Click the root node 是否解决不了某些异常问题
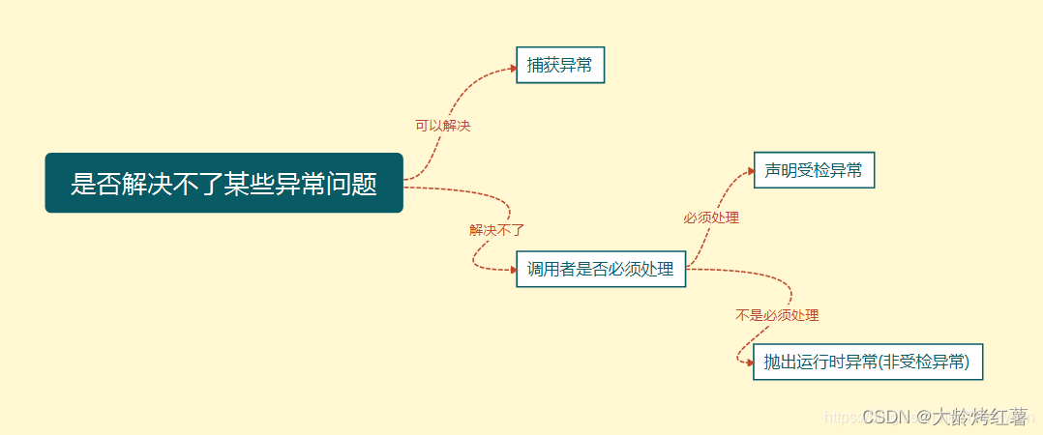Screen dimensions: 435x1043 223,183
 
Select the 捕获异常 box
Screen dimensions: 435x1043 559,66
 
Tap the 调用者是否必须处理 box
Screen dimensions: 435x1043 600,270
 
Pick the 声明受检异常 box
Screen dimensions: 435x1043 813,170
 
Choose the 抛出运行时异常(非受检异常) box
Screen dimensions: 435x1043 867,362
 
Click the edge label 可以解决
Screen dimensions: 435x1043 442,126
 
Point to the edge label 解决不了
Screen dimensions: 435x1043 496,230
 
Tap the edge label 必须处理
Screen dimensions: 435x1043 711,218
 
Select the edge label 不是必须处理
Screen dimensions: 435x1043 777,315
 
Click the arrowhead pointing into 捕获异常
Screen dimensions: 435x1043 513,68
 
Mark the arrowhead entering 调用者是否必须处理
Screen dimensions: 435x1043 513,271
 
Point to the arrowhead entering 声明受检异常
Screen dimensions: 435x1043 750,170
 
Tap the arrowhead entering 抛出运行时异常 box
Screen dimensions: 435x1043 750,362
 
